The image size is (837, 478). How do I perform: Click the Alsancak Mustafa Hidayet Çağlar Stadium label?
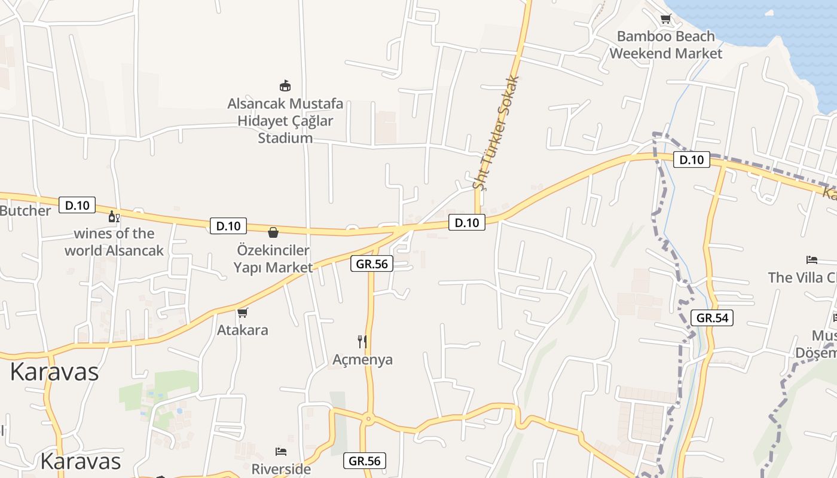click(x=285, y=121)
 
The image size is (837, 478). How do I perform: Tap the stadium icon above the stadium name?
click(x=285, y=86)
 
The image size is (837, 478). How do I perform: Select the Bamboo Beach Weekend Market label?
click(x=665, y=45)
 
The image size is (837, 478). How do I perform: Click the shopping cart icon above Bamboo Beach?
click(x=665, y=19)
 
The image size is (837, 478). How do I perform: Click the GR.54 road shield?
click(x=712, y=318)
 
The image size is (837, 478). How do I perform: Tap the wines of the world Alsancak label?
click(x=114, y=242)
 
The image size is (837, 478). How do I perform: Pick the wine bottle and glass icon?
click(x=114, y=216)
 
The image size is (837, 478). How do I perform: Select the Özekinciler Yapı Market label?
click(x=273, y=259)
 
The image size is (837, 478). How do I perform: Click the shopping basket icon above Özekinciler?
click(x=273, y=232)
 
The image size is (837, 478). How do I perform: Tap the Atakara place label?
click(x=242, y=330)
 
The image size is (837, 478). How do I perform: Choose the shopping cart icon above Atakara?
click(x=242, y=312)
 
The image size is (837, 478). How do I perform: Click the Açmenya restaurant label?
click(x=362, y=360)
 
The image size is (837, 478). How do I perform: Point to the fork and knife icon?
click(x=362, y=342)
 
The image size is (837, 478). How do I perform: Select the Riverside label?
click(x=281, y=469)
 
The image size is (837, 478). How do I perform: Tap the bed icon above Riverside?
click(x=281, y=451)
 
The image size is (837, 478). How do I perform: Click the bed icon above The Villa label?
click(x=811, y=260)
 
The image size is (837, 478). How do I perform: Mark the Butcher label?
click(x=25, y=211)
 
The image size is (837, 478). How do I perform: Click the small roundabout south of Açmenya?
click(x=368, y=419)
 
